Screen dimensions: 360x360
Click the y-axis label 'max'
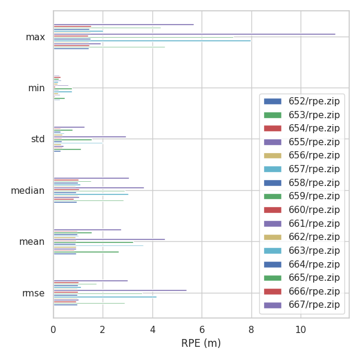click(x=35, y=37)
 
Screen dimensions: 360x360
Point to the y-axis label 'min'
click(x=37, y=88)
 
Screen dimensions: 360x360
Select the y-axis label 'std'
click(x=38, y=139)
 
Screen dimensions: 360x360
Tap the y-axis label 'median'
click(x=28, y=191)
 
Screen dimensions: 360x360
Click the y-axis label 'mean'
click(x=32, y=242)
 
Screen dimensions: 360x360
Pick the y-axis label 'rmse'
click(x=34, y=293)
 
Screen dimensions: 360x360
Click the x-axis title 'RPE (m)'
click(x=201, y=343)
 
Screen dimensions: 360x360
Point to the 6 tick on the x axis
click(x=202, y=329)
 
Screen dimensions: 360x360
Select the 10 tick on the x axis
click(x=300, y=329)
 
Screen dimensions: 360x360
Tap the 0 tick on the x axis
click(x=53, y=329)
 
